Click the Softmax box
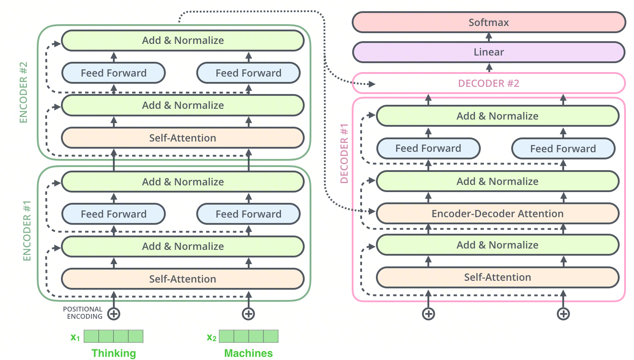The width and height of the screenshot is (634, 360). point(488,22)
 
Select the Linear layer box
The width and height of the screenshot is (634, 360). point(488,52)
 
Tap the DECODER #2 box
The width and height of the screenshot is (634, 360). point(488,83)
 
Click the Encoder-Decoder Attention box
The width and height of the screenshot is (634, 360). point(497,214)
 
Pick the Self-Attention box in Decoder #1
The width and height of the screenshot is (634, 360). point(497,277)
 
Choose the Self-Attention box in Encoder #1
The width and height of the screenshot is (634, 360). point(182,279)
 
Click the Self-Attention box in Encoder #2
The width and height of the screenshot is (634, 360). point(182,138)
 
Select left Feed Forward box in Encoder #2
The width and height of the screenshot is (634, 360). point(113,73)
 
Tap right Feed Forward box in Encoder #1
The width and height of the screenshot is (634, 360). point(248,214)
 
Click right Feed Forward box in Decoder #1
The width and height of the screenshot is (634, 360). point(563,149)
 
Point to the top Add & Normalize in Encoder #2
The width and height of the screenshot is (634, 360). point(182,40)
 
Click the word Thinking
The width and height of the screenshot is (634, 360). point(113,353)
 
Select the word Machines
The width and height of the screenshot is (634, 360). point(248,353)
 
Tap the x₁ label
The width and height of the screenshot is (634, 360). point(75,337)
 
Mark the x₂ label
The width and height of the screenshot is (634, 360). point(211,337)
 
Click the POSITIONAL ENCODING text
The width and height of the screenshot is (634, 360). point(82,313)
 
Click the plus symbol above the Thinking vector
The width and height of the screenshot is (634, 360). point(114,314)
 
